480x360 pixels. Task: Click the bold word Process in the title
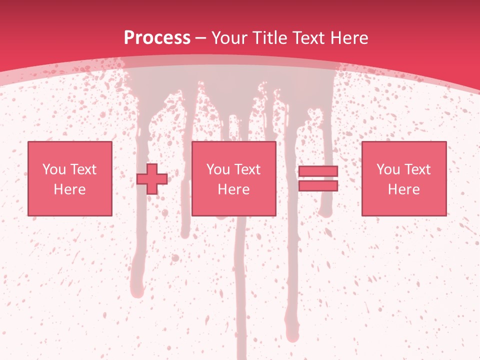click(x=157, y=38)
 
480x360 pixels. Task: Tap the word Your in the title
click(x=230, y=38)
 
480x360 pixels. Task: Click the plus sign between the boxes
click(x=152, y=178)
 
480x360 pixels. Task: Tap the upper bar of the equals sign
click(x=318, y=171)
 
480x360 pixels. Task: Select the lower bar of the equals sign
click(x=318, y=186)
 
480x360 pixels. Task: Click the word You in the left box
click(x=54, y=169)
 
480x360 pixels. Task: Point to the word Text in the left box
click(x=83, y=169)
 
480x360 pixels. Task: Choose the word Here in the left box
click(x=69, y=189)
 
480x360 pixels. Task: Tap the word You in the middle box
click(x=218, y=169)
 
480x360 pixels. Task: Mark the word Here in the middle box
click(x=233, y=189)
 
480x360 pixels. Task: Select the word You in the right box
click(x=388, y=169)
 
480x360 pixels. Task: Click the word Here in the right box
click(x=403, y=189)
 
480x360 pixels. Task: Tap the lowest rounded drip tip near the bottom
click(x=292, y=336)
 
